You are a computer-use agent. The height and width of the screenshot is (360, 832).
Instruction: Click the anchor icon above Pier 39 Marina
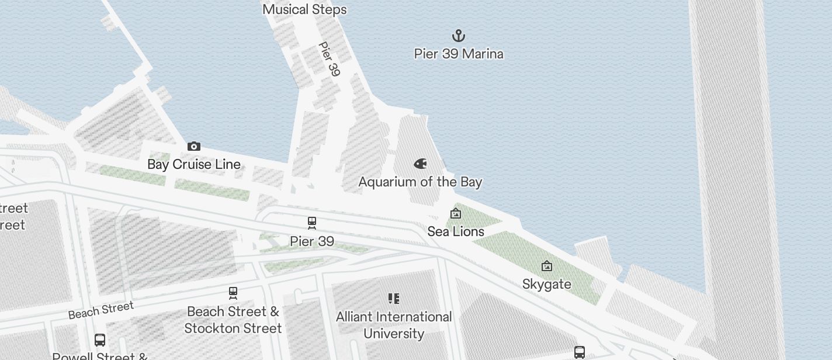pyautogui.click(x=459, y=36)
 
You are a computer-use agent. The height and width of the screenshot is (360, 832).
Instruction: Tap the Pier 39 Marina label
pyautogui.click(x=459, y=54)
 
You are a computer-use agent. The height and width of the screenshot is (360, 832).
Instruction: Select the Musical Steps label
pyautogui.click(x=304, y=9)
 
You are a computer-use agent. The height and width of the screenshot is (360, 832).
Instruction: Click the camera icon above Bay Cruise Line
pyautogui.click(x=194, y=146)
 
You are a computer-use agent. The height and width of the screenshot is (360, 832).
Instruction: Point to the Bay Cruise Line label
pyautogui.click(x=194, y=164)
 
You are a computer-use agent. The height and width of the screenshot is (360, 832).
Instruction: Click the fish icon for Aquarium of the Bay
pyautogui.click(x=420, y=164)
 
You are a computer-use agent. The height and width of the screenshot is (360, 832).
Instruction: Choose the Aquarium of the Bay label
pyautogui.click(x=420, y=182)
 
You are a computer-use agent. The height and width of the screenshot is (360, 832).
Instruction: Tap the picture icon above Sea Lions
pyautogui.click(x=456, y=214)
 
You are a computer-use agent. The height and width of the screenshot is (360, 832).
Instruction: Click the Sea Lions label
pyautogui.click(x=456, y=231)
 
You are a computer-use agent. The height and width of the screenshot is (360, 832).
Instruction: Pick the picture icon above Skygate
pyautogui.click(x=547, y=266)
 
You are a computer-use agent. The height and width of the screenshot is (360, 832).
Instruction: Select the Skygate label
pyautogui.click(x=547, y=284)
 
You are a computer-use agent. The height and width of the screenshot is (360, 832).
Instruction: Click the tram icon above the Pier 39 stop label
pyautogui.click(x=312, y=223)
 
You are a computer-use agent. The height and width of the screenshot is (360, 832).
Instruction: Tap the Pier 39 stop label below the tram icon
pyautogui.click(x=312, y=241)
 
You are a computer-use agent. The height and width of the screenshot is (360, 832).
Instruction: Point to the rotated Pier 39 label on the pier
pyautogui.click(x=329, y=58)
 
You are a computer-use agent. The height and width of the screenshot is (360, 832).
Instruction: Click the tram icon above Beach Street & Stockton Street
pyautogui.click(x=233, y=292)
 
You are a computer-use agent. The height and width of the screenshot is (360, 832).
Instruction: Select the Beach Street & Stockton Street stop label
pyautogui.click(x=233, y=320)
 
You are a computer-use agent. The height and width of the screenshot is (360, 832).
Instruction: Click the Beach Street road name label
pyautogui.click(x=100, y=310)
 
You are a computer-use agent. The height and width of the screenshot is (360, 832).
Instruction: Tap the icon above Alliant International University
pyautogui.click(x=394, y=299)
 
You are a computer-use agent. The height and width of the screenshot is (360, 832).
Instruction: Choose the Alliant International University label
pyautogui.click(x=394, y=325)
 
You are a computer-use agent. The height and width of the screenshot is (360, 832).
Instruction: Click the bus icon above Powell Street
pyautogui.click(x=100, y=340)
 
